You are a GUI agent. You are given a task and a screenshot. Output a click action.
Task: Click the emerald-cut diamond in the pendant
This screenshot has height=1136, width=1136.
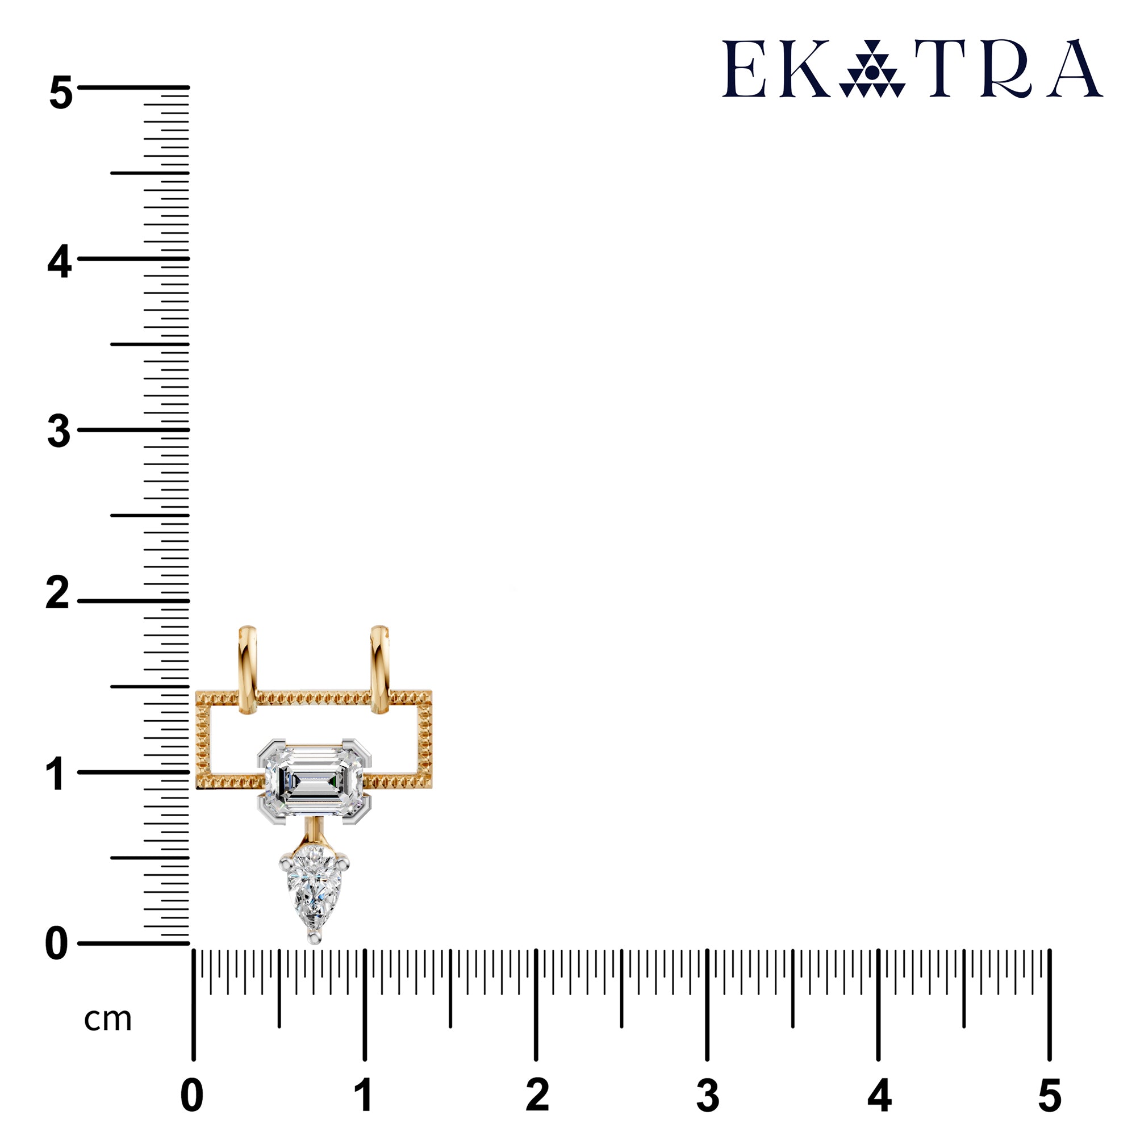click(x=314, y=782)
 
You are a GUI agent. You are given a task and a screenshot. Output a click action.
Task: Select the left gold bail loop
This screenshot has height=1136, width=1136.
click(x=248, y=670)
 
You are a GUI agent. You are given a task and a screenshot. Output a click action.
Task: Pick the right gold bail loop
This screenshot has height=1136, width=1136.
click(x=380, y=670)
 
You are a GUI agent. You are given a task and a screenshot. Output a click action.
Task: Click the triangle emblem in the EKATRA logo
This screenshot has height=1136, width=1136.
click(x=872, y=69)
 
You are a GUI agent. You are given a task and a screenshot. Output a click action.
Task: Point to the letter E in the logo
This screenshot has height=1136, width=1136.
click(x=744, y=69)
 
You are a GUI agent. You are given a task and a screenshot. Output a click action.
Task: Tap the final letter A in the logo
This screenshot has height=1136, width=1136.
click(x=1077, y=68)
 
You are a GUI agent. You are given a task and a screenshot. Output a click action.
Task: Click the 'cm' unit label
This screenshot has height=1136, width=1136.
click(x=107, y=1020)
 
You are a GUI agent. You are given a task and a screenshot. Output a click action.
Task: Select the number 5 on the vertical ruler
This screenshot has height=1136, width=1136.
click(x=61, y=93)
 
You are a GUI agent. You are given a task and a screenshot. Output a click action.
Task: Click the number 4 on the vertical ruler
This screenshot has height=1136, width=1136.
click(x=60, y=263)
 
